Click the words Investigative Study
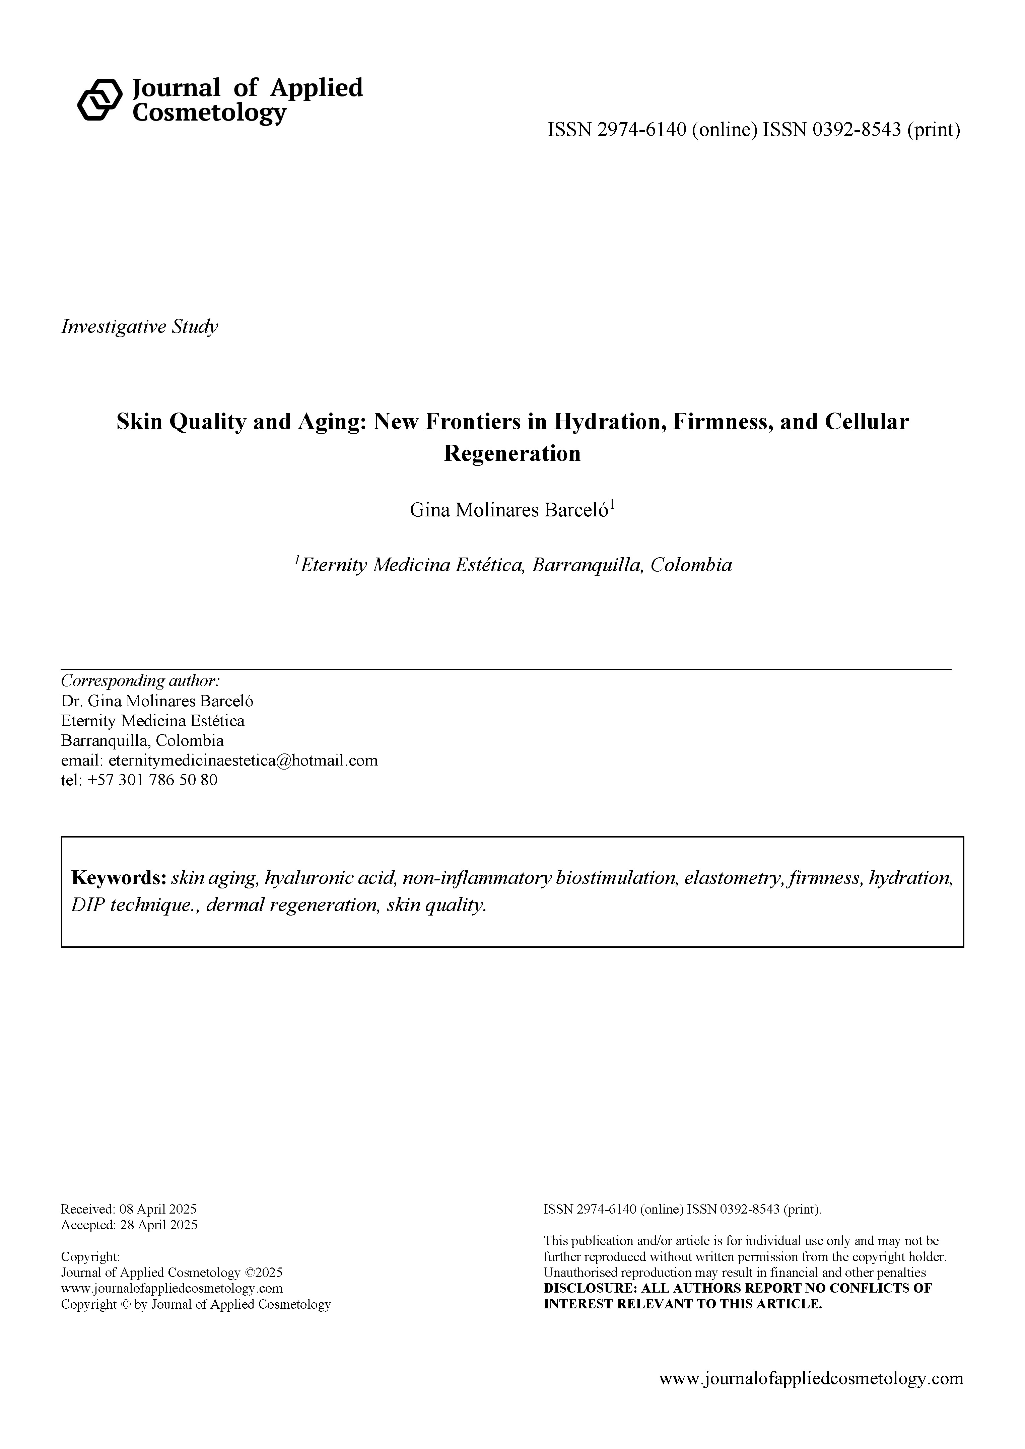coord(139,327)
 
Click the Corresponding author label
coord(140,681)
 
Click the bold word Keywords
coord(119,878)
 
